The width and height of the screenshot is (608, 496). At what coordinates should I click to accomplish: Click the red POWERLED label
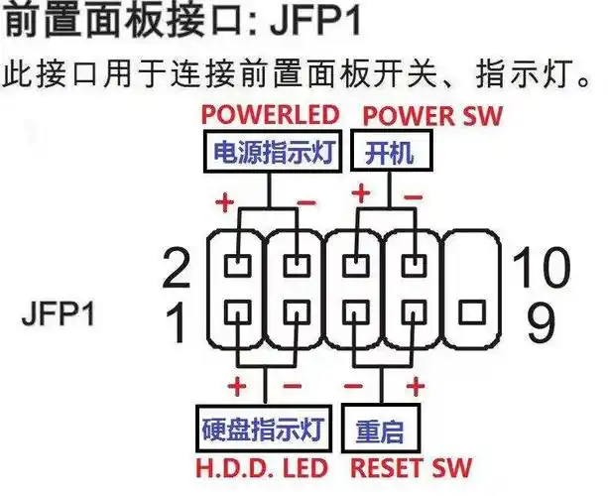click(x=270, y=113)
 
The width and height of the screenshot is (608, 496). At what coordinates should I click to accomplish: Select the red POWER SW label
click(x=430, y=113)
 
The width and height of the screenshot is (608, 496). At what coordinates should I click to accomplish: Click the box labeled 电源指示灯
click(x=271, y=154)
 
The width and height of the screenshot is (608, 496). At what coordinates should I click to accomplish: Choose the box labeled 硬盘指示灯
click(x=264, y=432)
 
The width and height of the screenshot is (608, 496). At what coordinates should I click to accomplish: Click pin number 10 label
click(x=543, y=266)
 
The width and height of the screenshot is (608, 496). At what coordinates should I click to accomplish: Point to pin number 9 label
click(x=541, y=323)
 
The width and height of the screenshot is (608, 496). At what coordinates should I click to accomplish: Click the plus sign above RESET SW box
click(x=417, y=384)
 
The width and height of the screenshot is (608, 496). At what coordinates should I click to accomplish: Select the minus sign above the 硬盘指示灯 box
click(x=289, y=384)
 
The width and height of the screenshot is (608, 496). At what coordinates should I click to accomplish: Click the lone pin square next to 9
click(x=469, y=314)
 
